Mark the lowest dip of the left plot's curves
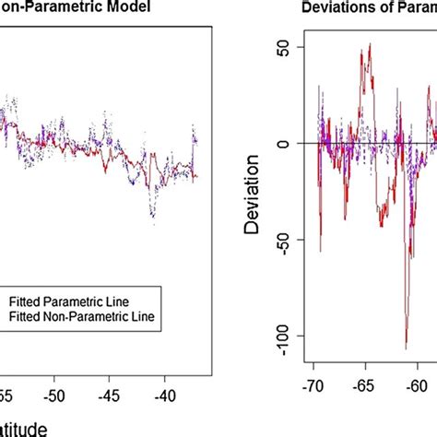(x=152, y=218)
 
